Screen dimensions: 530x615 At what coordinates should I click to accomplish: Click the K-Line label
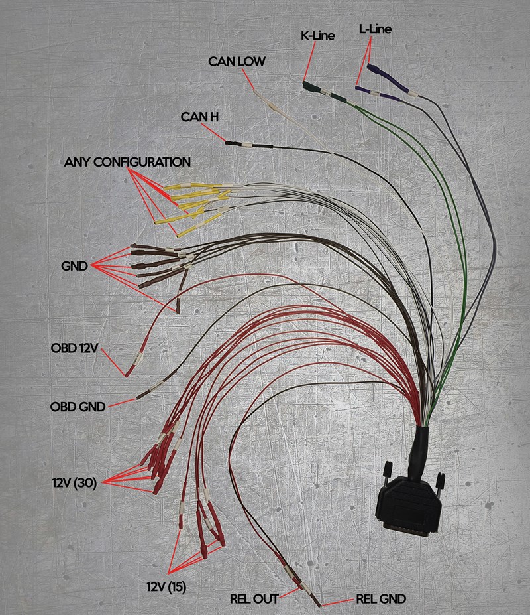coord(318,36)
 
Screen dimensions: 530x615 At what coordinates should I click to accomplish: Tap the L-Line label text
coord(375,29)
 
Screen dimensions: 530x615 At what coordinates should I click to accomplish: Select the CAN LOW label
coord(237,61)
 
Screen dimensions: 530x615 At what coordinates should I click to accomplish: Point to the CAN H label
coord(199,117)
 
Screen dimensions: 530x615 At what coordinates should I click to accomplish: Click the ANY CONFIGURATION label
coord(127,162)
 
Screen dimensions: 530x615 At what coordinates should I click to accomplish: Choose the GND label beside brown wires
coord(74,266)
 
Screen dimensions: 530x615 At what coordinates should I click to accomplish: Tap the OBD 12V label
coord(74,348)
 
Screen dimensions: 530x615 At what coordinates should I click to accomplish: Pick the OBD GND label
coord(78,406)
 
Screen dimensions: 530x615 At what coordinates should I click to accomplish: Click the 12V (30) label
coord(74,483)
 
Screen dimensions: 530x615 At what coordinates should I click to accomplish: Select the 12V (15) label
coord(166,587)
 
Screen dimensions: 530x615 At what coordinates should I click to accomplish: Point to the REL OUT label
coord(254,599)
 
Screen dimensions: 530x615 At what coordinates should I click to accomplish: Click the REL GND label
coord(381,599)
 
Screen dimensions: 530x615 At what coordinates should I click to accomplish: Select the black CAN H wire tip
coord(227,143)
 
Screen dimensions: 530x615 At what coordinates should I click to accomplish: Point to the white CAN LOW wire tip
coord(254,92)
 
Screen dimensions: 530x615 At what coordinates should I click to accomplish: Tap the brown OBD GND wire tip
coord(138,398)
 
